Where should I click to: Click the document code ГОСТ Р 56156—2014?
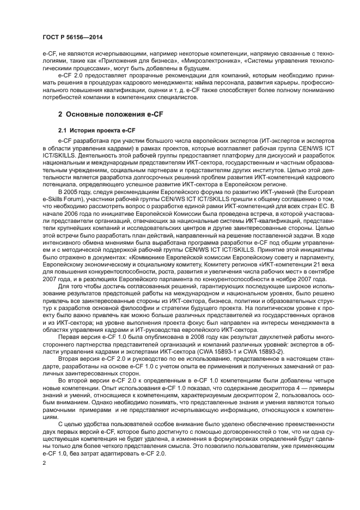pyautogui.click(x=72, y=37)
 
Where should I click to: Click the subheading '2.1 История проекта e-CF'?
pyautogui.click(x=96, y=130)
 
